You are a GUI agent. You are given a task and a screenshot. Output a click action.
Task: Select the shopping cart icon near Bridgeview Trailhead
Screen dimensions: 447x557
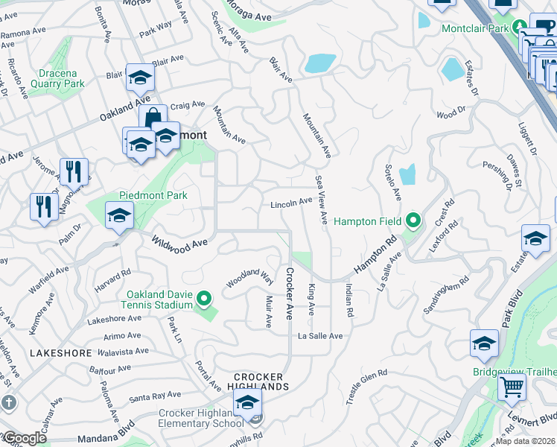tap(512, 387)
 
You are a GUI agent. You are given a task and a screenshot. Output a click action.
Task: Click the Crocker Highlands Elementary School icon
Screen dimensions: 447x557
tap(247, 404)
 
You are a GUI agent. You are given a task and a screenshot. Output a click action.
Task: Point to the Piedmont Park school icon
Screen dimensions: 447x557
tap(119, 217)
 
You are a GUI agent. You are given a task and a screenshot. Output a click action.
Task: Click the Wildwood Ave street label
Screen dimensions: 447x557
tap(179, 243)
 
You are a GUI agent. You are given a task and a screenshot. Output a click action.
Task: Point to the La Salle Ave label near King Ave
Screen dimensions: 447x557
tap(320, 336)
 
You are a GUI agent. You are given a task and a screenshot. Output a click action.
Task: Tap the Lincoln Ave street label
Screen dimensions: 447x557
tap(291, 203)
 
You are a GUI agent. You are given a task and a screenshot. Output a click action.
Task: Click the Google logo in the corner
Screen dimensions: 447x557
tap(24, 439)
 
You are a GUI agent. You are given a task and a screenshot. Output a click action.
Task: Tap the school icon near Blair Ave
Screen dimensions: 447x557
tap(139, 78)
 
